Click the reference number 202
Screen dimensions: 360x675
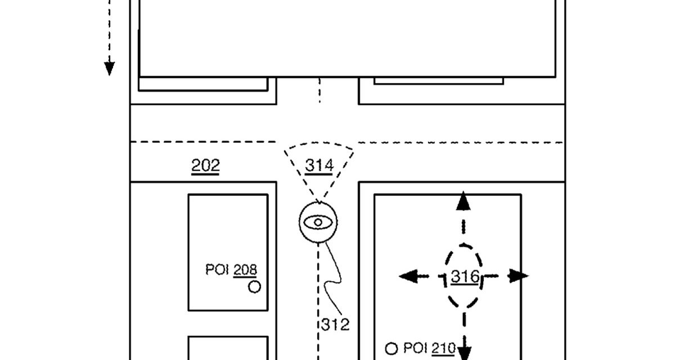click(x=205, y=166)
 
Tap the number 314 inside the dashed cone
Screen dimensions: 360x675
click(x=319, y=166)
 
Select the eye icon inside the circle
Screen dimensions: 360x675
click(x=318, y=222)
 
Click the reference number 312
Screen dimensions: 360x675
click(x=335, y=325)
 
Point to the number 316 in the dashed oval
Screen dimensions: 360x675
click(x=465, y=277)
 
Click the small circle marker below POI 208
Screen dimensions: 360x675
click(x=254, y=287)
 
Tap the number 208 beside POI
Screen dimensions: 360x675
click(x=245, y=270)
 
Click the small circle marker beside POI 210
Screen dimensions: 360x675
click(x=391, y=349)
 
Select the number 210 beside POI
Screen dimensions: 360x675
click(x=443, y=349)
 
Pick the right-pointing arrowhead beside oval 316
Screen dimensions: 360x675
click(x=520, y=276)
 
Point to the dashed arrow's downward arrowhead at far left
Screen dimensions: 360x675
click(x=110, y=69)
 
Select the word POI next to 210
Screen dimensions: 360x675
click(x=416, y=349)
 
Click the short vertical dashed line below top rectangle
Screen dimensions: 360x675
click(x=319, y=90)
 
